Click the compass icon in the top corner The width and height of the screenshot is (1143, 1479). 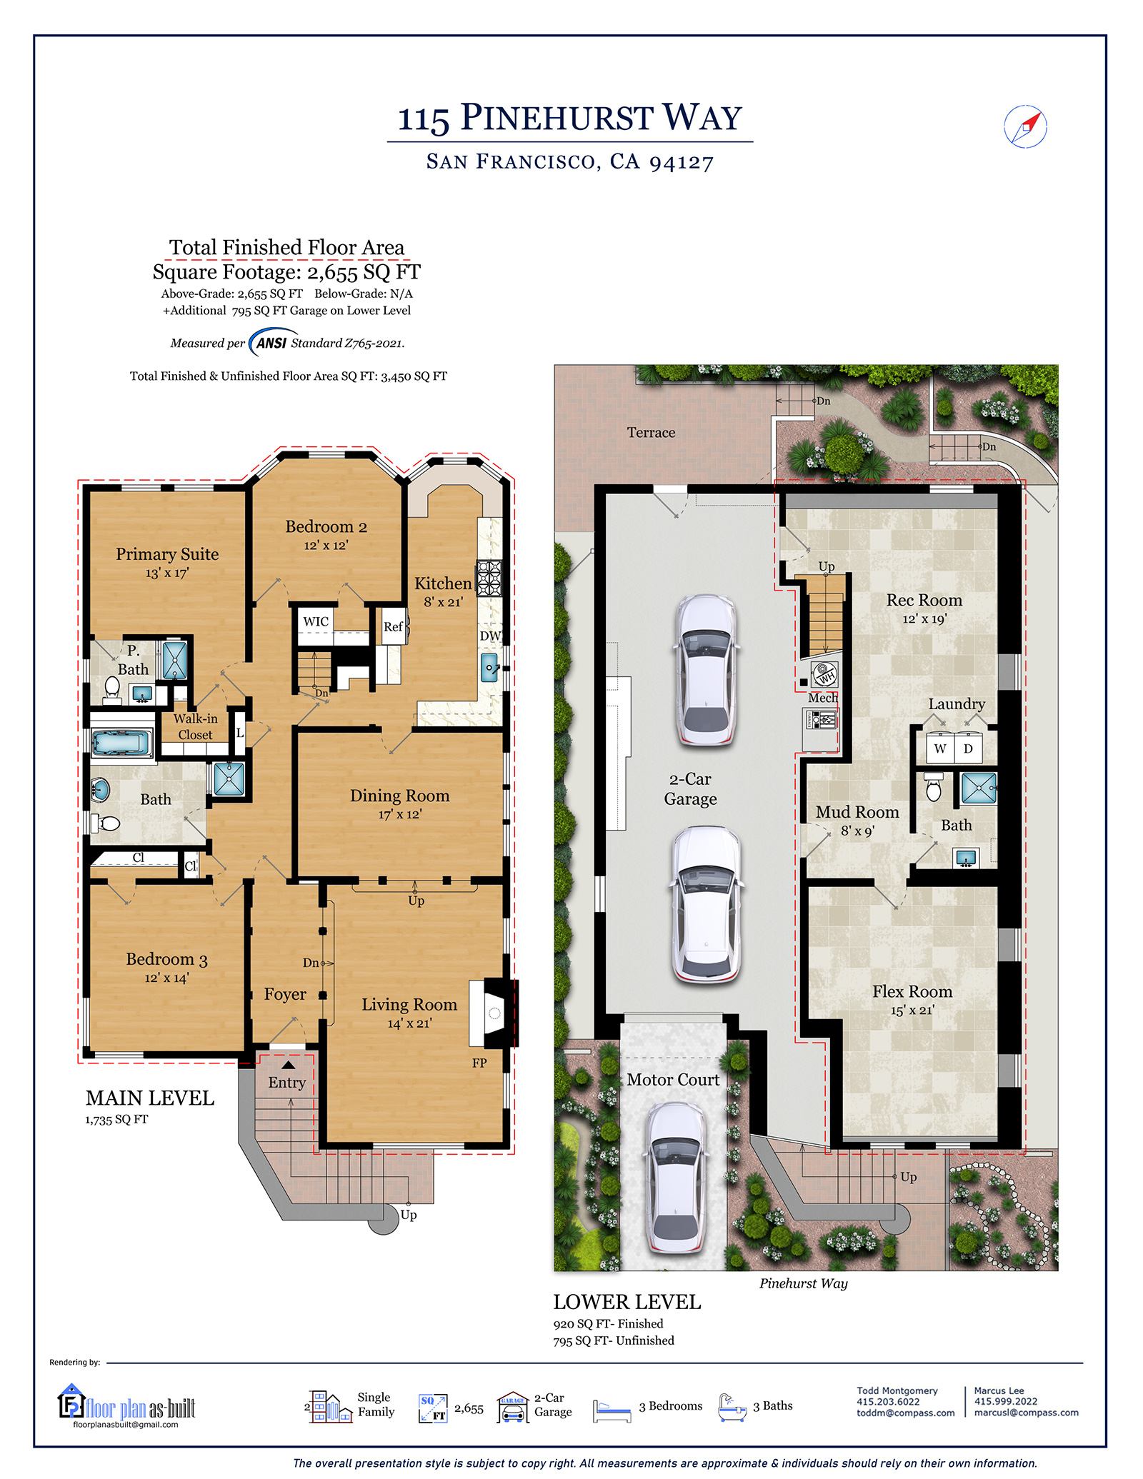coord(1025,127)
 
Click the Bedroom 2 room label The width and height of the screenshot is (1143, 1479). coord(326,527)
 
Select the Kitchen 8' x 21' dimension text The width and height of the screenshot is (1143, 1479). coord(443,602)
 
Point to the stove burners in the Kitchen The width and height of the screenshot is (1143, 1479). coord(489,578)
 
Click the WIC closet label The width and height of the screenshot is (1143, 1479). coord(316,621)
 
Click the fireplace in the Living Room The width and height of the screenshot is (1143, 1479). coord(494,1013)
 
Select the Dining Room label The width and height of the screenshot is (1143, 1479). coord(399,796)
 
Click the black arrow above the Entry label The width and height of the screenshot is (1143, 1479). coord(288,1065)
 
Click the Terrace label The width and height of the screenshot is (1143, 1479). coord(651,433)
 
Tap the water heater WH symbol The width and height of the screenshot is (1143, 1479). coord(825,673)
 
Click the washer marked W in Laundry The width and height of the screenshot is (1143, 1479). coord(940,748)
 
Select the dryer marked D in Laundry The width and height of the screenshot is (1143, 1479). coord(968,748)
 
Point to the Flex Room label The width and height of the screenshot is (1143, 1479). coord(912,992)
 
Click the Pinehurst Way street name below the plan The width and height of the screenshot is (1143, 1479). coord(803,1283)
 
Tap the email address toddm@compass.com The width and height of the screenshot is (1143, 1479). coord(905,1413)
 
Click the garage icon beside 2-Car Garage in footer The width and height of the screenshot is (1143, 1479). coord(513,1407)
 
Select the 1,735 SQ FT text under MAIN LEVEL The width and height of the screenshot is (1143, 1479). coord(116,1120)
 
